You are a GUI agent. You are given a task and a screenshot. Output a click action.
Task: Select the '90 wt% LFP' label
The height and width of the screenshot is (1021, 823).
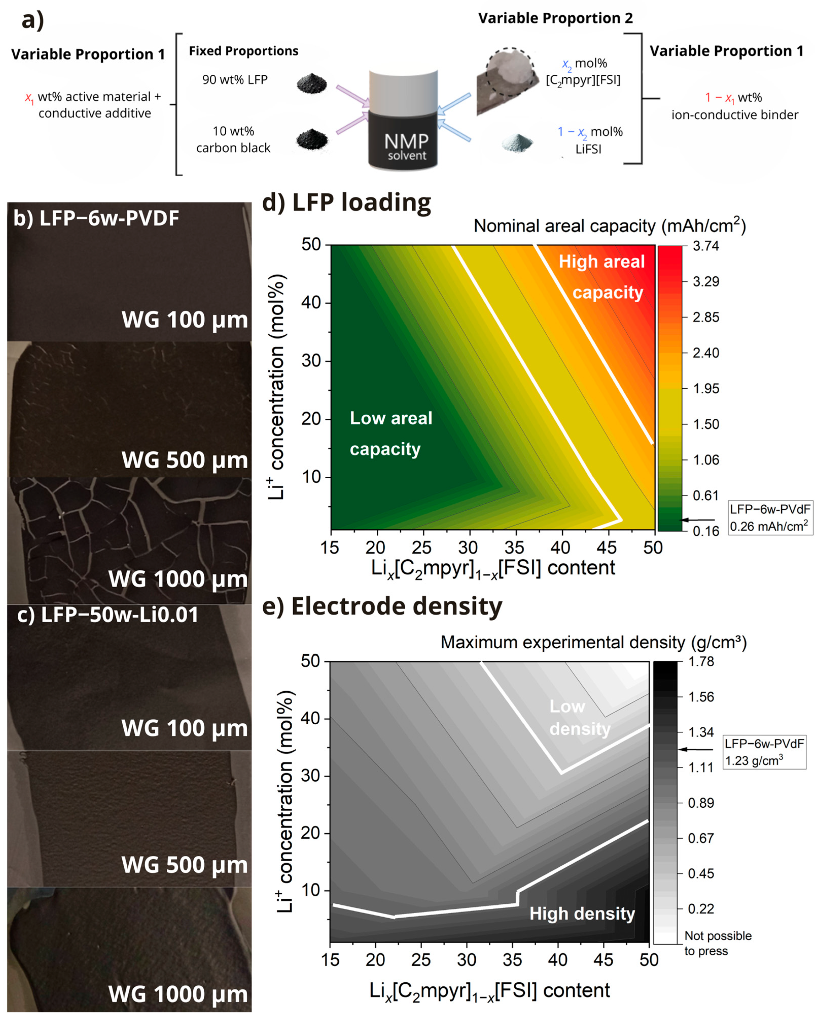[x=235, y=80]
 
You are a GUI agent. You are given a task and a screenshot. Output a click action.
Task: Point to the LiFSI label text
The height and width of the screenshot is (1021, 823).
[x=588, y=149]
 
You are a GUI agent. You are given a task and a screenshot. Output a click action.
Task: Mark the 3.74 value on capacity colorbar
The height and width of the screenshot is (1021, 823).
[x=705, y=246]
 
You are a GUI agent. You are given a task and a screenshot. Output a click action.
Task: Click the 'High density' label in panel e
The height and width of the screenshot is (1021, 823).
[x=582, y=913]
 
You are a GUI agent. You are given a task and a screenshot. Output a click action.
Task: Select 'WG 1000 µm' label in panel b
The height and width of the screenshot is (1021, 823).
[x=178, y=579]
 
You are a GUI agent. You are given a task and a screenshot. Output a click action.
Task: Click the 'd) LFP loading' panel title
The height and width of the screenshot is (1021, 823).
[x=347, y=203]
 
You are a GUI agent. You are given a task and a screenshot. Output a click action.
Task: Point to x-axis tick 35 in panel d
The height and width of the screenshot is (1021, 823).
[x=514, y=548]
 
